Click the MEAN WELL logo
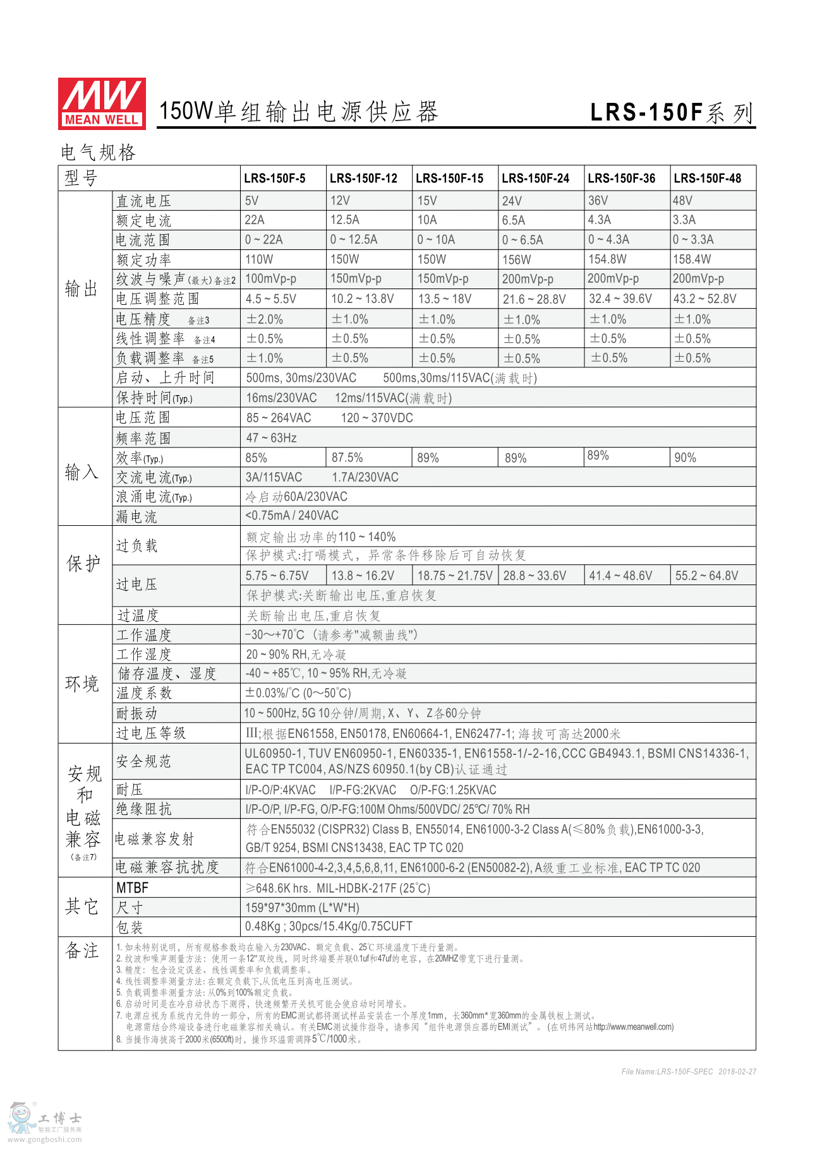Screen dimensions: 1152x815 pyautogui.click(x=102, y=104)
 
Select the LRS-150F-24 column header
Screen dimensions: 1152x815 pyautogui.click(x=535, y=178)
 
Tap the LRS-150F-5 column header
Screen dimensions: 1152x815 pyautogui.click(x=275, y=178)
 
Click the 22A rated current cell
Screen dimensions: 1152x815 pyautogui.click(x=255, y=220)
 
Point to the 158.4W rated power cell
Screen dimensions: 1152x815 pyautogui.click(x=692, y=259)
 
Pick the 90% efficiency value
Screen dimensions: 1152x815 pyautogui.click(x=685, y=458)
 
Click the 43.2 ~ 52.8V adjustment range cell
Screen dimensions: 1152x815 pyautogui.click(x=704, y=299)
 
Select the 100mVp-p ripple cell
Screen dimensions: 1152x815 pyautogui.click(x=270, y=278)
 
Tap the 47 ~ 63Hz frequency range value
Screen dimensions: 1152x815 pyautogui.click(x=271, y=437)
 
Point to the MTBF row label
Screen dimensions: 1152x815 pyautogui.click(x=132, y=888)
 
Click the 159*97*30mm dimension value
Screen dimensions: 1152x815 pyautogui.click(x=302, y=908)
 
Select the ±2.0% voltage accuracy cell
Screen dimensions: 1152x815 pyautogui.click(x=264, y=319)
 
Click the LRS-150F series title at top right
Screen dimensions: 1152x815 pyautogui.click(x=672, y=112)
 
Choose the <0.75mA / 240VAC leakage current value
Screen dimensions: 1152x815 pyautogui.click(x=292, y=516)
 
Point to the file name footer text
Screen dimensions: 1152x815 pyautogui.click(x=689, y=1071)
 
